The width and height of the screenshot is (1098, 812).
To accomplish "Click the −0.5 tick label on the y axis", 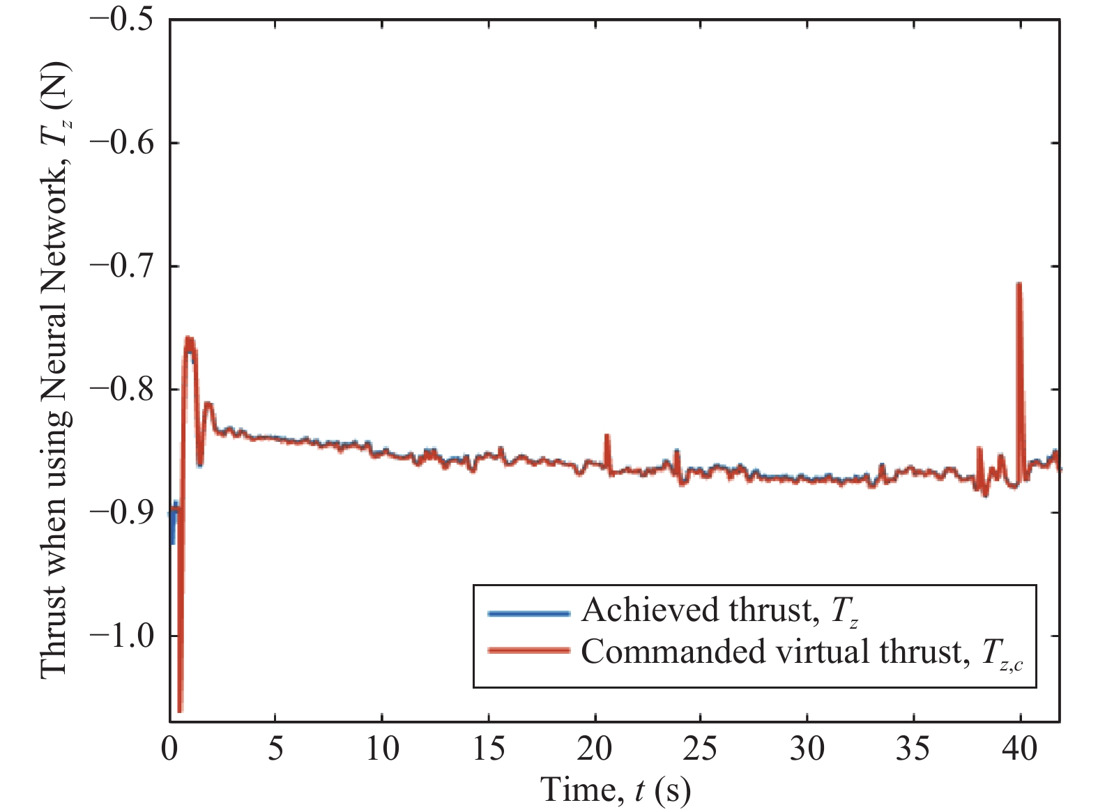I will point(121,19).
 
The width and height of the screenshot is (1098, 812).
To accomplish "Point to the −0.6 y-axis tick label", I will point(121,143).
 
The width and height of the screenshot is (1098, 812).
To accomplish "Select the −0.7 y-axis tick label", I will point(121,266).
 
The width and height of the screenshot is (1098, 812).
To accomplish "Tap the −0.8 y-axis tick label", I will point(121,389).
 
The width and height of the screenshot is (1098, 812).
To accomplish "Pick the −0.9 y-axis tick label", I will point(121,512).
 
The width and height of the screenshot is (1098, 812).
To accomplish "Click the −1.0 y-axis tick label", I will point(121,636).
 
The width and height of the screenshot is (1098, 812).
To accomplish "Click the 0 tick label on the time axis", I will point(170,749).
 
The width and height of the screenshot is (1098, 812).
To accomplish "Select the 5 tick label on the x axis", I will point(276,749).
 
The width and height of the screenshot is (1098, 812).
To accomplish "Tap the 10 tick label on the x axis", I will point(382,749).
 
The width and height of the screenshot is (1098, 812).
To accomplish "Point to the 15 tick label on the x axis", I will point(489,749).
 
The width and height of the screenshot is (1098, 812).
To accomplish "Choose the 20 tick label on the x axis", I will point(595,749).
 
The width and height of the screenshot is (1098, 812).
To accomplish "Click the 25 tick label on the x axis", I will point(701,749).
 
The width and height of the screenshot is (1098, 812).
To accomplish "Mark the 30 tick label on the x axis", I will point(807,749).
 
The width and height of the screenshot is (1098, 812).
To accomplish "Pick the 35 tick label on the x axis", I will point(913,749).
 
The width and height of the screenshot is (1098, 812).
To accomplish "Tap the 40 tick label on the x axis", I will point(1020,749).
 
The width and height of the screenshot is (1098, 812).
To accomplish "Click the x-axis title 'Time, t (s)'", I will point(615,790).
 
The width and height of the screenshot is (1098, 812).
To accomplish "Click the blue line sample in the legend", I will point(529,613).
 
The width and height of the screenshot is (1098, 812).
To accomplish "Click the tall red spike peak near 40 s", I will point(1019,284).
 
